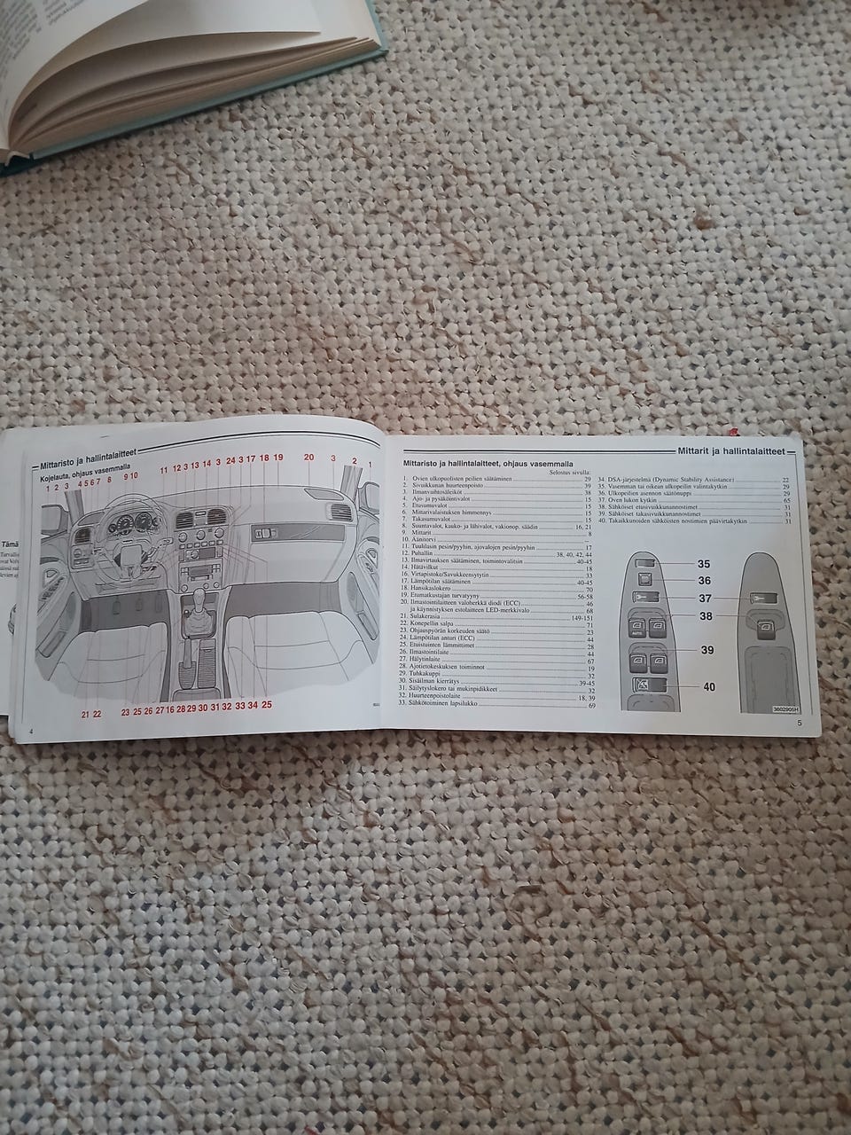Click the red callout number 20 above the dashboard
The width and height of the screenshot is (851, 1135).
pos(308,458)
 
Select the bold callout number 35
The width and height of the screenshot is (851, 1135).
pos(704,564)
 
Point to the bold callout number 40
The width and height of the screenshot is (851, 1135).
pos(708,686)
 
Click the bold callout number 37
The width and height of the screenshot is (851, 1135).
pos(706,598)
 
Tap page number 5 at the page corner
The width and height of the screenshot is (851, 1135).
pos(799,724)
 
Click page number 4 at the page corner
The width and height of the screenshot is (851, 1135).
pos(31,731)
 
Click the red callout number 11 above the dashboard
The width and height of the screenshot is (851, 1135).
pos(163,468)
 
